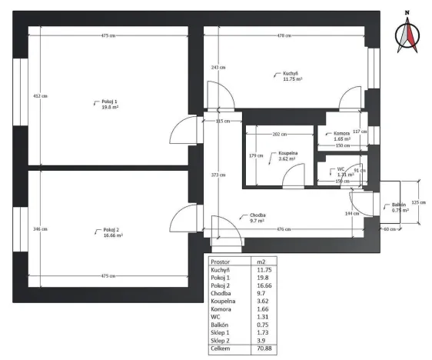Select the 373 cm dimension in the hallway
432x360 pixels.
[x=218, y=175]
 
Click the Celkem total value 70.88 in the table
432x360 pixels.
[x=264, y=348]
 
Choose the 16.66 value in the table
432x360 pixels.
[x=264, y=287]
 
